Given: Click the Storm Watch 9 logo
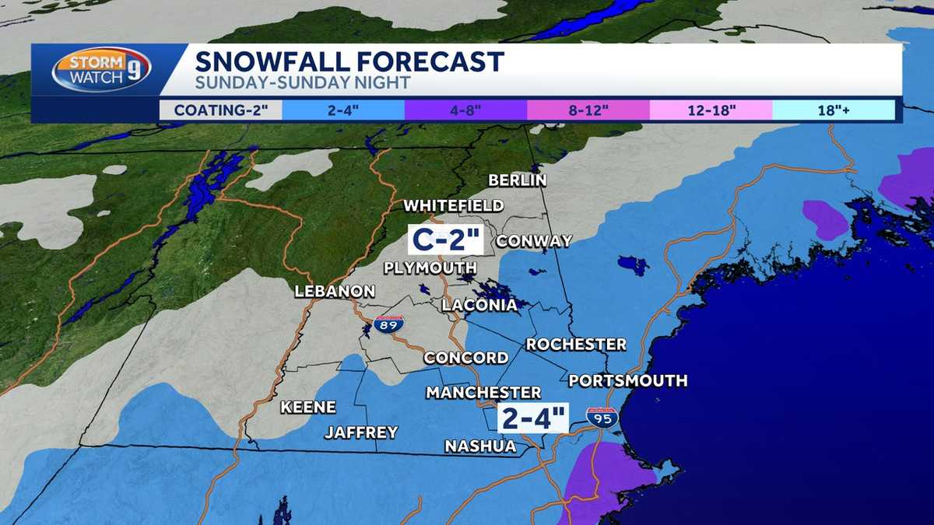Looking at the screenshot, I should [x=101, y=70].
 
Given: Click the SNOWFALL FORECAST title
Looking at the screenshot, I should [x=349, y=61].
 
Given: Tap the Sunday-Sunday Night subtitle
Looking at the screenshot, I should [x=302, y=82].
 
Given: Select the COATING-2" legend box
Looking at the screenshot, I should [x=220, y=110].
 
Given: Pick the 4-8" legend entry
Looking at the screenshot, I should [x=465, y=110].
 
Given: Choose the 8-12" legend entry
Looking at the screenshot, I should [x=588, y=110].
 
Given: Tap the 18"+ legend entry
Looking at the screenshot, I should [x=833, y=110].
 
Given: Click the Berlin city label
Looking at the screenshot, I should [x=518, y=180].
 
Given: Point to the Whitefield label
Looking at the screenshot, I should [x=453, y=206].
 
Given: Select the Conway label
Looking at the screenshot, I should [x=534, y=241].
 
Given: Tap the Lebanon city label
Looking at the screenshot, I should [x=335, y=292].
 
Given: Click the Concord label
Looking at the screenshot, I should [x=465, y=358].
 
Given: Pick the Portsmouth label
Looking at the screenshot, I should [x=627, y=380].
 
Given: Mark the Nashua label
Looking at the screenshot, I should [x=480, y=446].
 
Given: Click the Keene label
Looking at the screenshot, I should [x=307, y=407].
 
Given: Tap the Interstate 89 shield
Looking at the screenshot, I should [x=388, y=325].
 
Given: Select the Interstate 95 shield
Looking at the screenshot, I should [x=602, y=418].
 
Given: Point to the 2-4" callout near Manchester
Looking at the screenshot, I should [x=535, y=418].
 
